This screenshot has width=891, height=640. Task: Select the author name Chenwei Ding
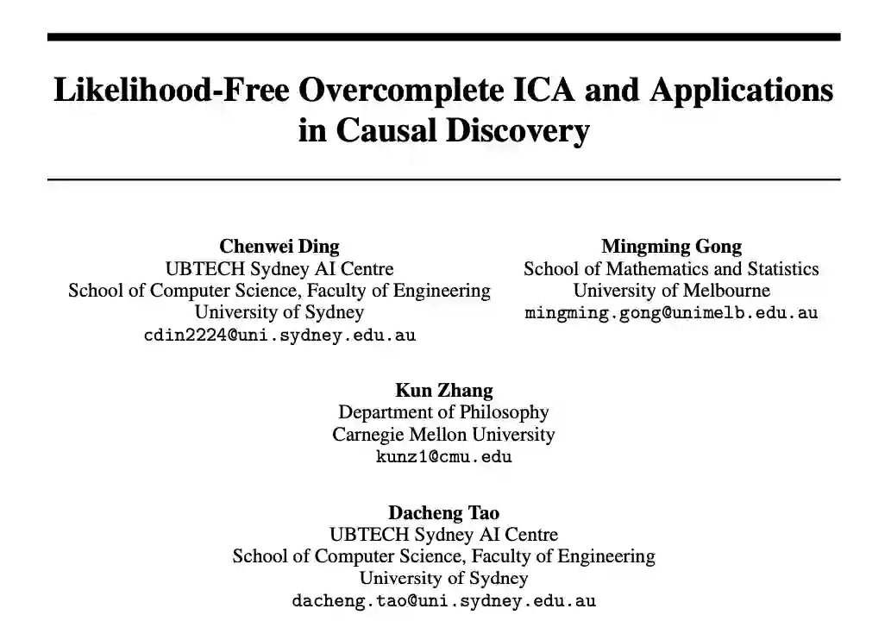point(279,247)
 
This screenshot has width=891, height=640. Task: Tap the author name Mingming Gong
point(671,247)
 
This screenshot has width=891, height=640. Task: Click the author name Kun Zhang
point(443,391)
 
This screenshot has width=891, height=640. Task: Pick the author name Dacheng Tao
point(443,513)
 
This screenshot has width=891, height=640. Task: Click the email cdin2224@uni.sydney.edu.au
point(279,336)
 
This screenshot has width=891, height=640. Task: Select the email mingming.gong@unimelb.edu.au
point(671,313)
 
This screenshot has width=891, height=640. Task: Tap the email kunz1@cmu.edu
point(443,457)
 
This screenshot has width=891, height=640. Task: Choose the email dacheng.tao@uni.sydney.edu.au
point(443,601)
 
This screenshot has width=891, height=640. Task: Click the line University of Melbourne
point(671,291)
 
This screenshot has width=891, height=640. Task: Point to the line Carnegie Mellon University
point(443,435)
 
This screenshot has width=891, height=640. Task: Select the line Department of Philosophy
point(443,412)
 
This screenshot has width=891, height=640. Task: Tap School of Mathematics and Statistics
point(671,269)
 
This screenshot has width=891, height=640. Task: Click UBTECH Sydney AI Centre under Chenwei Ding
point(279,269)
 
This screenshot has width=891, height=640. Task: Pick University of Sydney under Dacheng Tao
point(443,579)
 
